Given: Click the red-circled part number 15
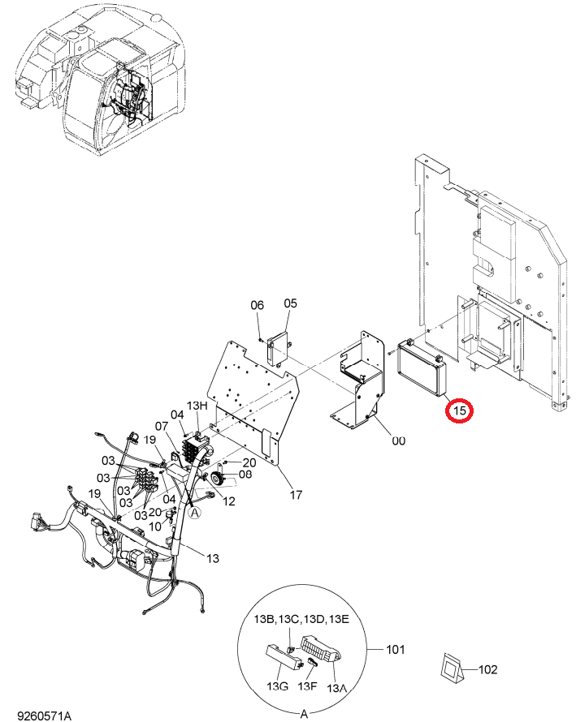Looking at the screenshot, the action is coord(459,410).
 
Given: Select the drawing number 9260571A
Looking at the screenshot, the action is coord(45,716).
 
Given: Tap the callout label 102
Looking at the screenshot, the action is coord(488,669).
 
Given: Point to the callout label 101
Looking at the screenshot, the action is coord(395,649).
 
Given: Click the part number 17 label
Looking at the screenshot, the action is coord(296,495).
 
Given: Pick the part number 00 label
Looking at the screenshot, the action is coord(398,441).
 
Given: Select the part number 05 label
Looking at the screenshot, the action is coord(291,303).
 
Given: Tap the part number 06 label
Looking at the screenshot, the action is coord(258,305).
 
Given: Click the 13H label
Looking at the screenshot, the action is coord(197,406).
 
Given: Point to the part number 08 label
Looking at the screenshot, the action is coord(245,474).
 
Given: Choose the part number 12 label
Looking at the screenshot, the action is coord(229,501).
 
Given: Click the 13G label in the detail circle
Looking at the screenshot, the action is coord(278,686).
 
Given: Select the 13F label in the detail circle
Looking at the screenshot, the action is coord(307,686).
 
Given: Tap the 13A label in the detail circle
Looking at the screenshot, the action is coord(336,688).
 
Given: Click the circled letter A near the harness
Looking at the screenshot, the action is coord(195,512).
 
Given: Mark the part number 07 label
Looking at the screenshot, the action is coord(161,427).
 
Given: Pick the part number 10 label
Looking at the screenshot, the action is coord(155,526).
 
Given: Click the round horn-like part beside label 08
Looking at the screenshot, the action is coord(216,478).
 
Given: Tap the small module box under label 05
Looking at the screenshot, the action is coord(279,349).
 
